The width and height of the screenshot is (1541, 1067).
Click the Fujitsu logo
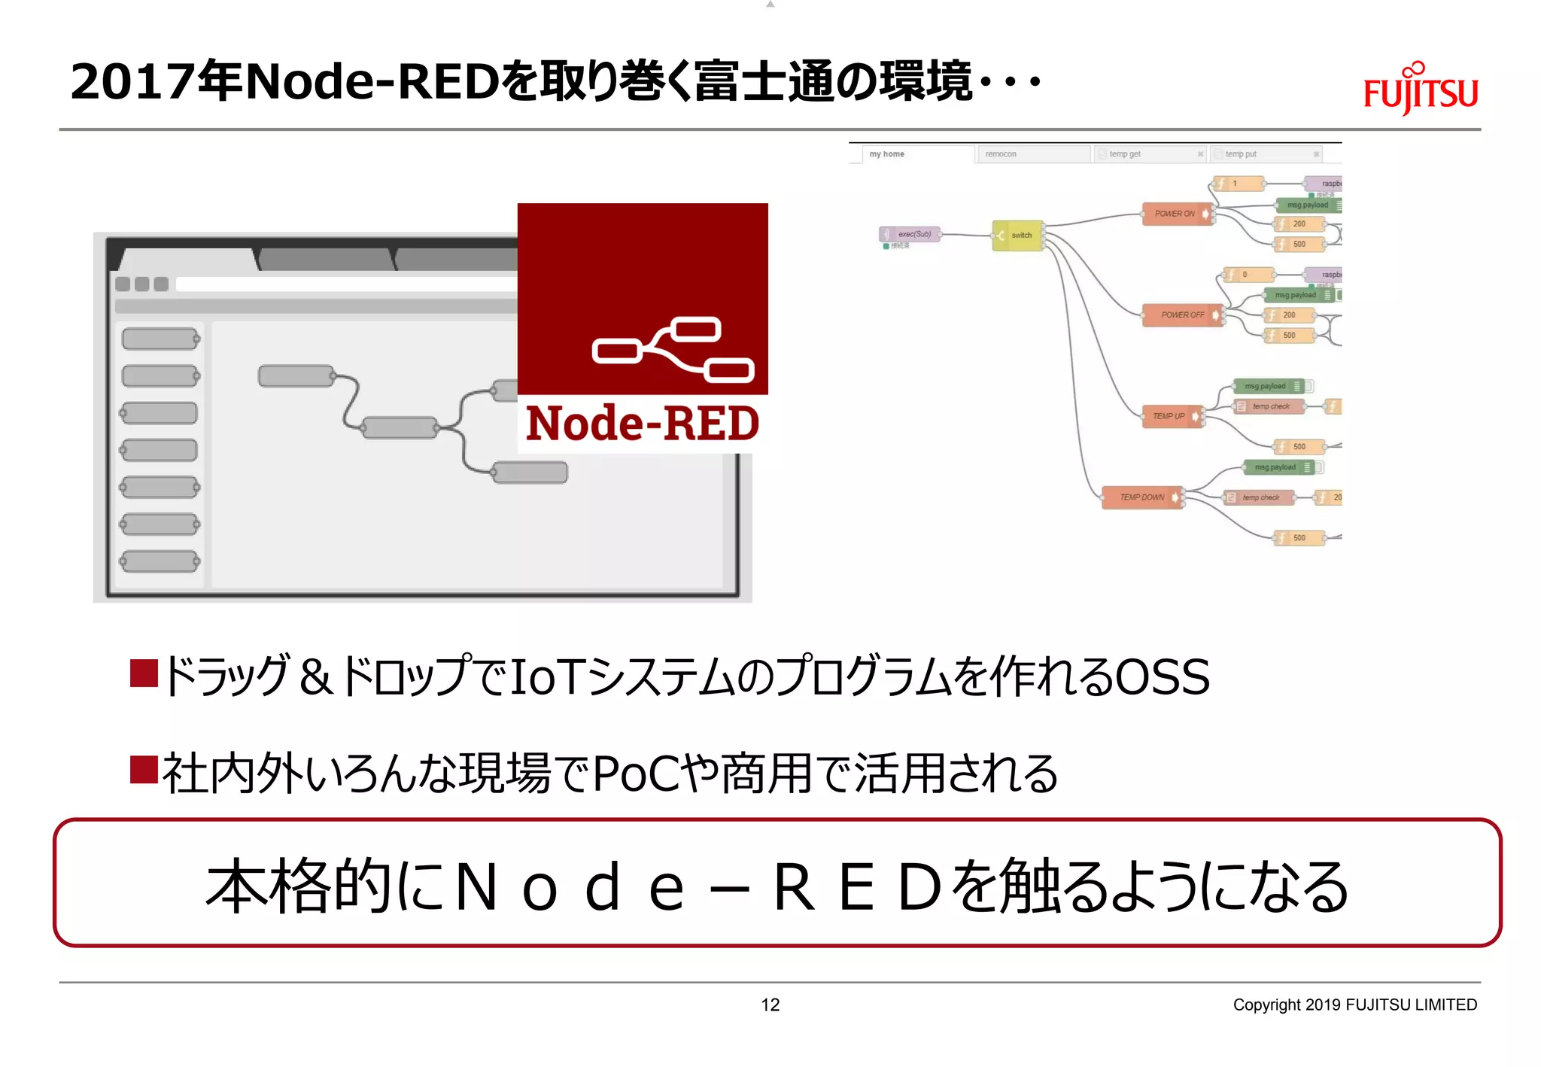(x=1420, y=90)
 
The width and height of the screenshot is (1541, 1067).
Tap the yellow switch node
(x=1017, y=236)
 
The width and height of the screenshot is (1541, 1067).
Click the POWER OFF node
(x=1182, y=315)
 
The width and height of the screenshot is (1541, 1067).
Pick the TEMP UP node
(x=1171, y=416)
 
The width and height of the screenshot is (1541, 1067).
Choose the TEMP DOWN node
(x=1141, y=497)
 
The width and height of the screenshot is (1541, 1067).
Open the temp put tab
(x=1264, y=154)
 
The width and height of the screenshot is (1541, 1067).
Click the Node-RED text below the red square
(x=642, y=424)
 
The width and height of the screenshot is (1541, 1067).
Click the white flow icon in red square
(x=672, y=351)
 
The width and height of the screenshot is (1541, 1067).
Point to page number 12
(x=770, y=1005)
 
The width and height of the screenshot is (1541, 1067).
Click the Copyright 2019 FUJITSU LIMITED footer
(x=1354, y=1005)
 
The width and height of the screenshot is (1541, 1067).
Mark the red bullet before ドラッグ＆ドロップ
(x=144, y=673)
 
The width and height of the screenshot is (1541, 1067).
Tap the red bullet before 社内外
(x=144, y=770)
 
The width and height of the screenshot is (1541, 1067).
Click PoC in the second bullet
(x=637, y=774)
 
